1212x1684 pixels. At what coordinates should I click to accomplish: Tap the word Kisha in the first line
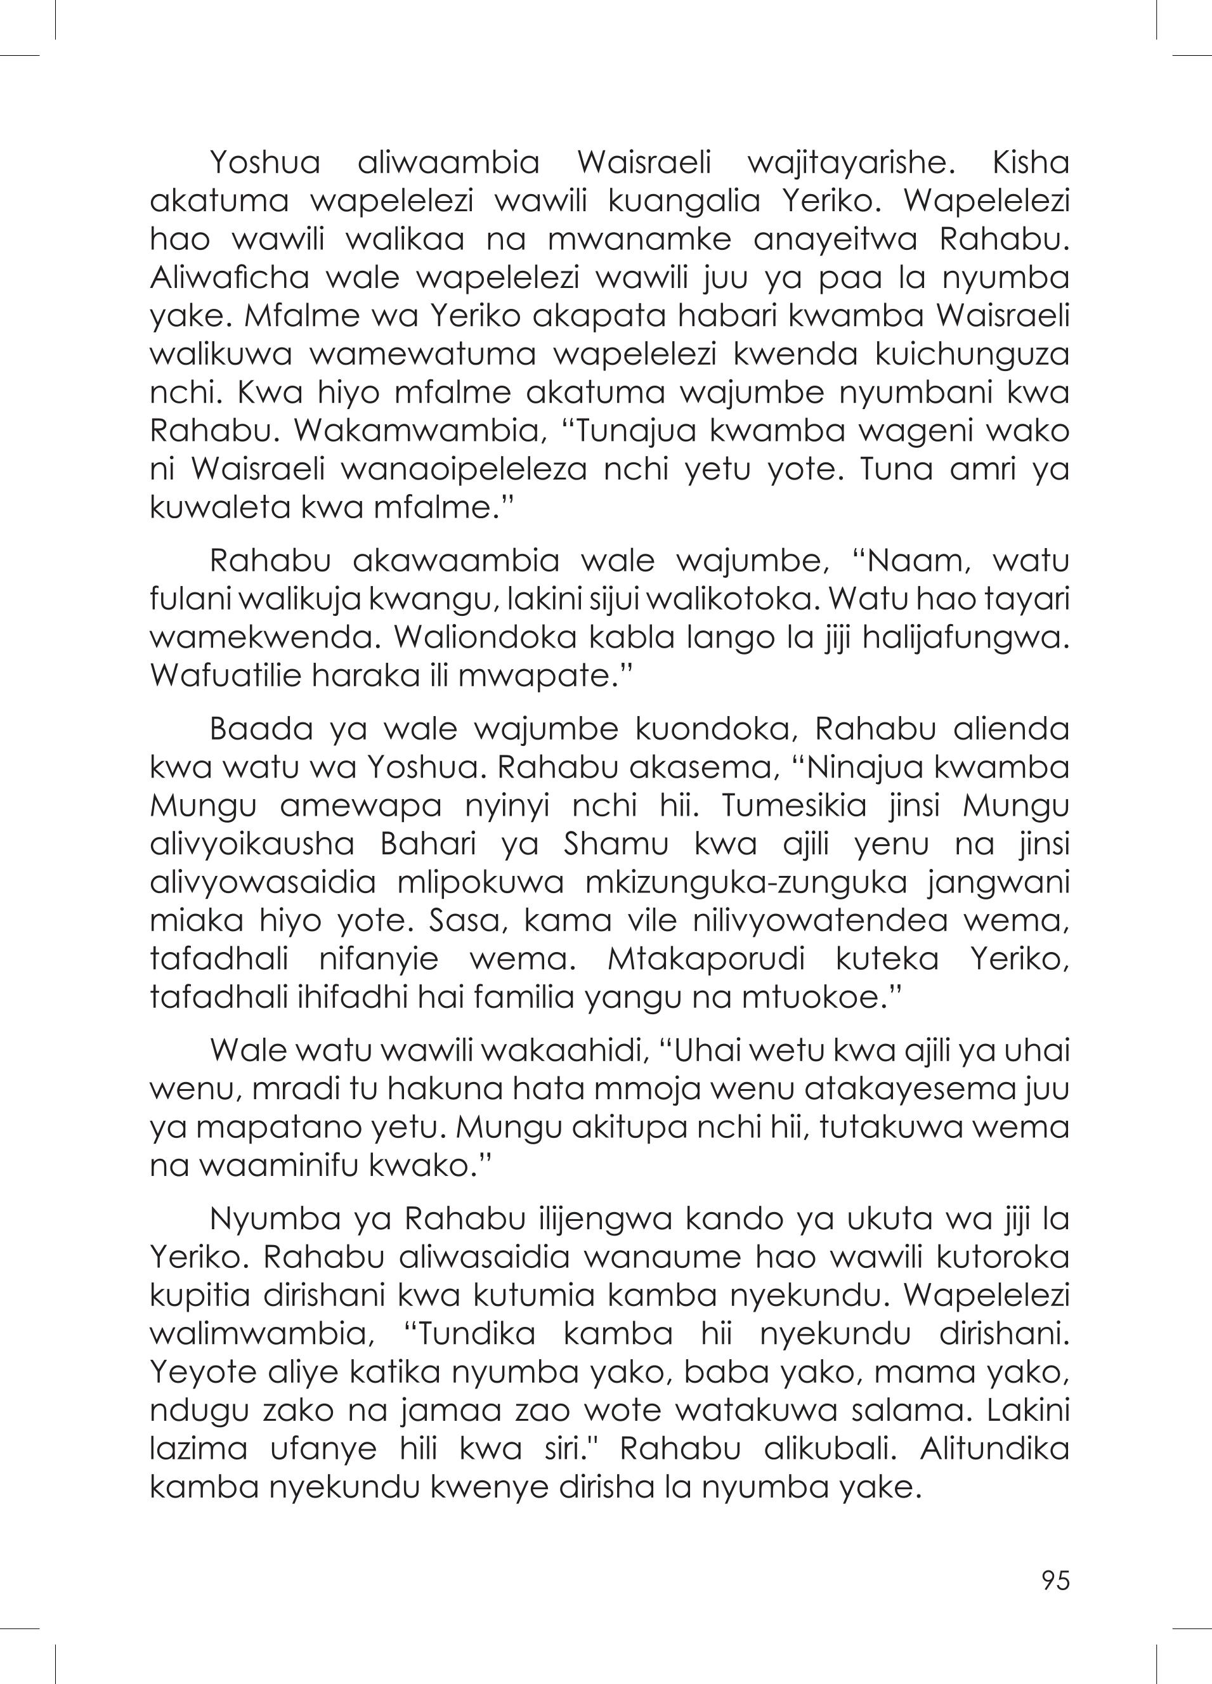1030,162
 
